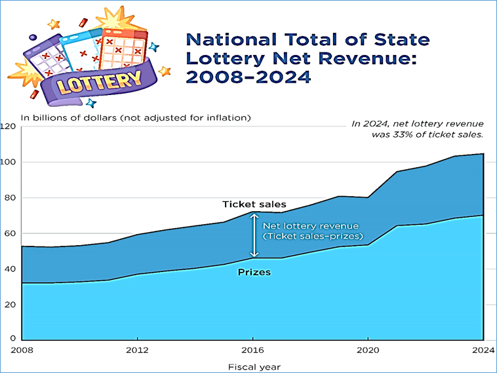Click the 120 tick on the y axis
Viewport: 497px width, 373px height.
(8, 126)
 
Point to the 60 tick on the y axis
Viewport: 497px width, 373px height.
(9, 233)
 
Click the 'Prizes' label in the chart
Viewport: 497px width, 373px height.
(253, 271)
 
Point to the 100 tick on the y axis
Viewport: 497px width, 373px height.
(8, 162)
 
